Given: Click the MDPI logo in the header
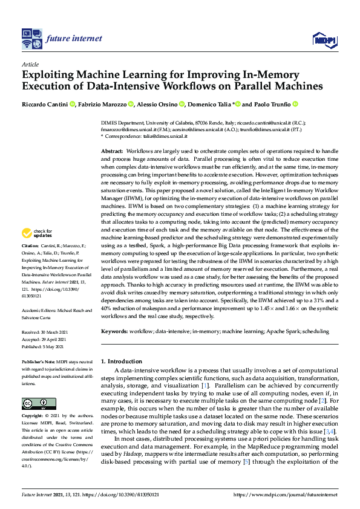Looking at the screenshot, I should click(x=324, y=40).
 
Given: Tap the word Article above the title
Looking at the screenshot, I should click(x=30, y=64).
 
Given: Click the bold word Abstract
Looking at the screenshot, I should click(x=111, y=150).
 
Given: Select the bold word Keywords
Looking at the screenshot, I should click(x=114, y=331).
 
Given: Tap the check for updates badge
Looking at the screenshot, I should click(x=36, y=232).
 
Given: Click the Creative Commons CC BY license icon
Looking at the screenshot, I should click(x=39, y=403).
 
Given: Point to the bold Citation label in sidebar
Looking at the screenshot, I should click(x=30, y=246).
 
